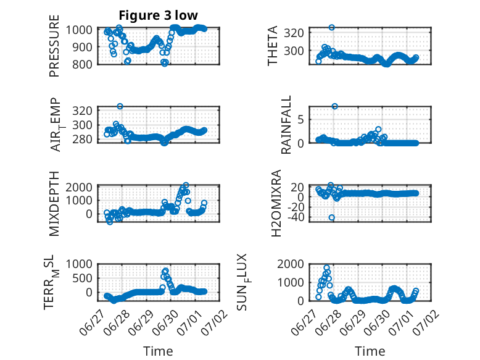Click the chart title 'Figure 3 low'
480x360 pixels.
(x=159, y=15)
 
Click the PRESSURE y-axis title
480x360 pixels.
(x=54, y=46)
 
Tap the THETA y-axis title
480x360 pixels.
(x=272, y=46)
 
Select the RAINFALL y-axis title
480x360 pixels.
(x=286, y=125)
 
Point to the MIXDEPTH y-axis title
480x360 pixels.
(x=54, y=204)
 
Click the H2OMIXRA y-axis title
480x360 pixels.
(x=276, y=203)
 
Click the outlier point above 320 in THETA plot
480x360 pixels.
(x=332, y=28)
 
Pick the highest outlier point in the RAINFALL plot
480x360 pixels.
(x=335, y=106)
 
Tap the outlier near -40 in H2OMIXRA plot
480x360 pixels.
(x=332, y=217)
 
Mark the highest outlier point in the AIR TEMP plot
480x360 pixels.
(x=120, y=106)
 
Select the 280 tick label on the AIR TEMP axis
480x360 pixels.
(x=82, y=140)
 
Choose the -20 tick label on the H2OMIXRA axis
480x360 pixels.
(x=296, y=207)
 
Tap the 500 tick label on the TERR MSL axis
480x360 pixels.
(x=82, y=278)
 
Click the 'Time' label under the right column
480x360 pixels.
(x=370, y=351)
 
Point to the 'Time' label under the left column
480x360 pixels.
(x=159, y=351)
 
